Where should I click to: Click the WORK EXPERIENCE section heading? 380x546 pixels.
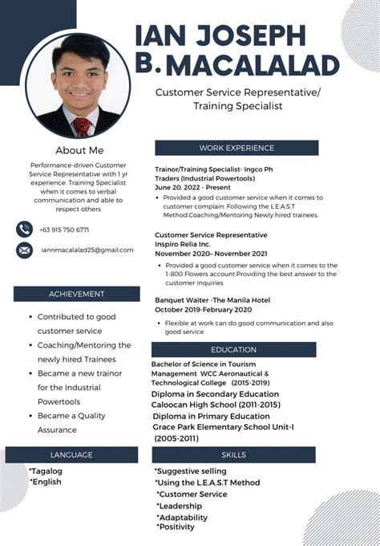tap(236, 148)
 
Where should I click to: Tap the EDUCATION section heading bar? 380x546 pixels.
tap(233, 350)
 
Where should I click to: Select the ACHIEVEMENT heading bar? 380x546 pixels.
tap(76, 294)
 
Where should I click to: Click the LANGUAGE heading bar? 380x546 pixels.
tap(71, 454)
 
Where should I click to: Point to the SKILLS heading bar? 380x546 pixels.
tap(233, 454)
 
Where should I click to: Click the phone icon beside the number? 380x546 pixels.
tap(25, 230)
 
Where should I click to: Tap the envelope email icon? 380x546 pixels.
tap(25, 251)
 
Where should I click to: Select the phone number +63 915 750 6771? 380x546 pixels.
tap(64, 230)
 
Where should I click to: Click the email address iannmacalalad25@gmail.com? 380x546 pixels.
tap(87, 250)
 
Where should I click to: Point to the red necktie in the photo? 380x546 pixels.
tap(82, 126)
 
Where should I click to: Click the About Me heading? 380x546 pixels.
tap(79, 150)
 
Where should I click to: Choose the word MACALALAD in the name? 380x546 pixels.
tap(253, 64)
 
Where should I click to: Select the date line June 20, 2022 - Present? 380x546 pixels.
tap(192, 186)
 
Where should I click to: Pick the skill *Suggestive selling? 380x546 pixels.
tap(191, 471)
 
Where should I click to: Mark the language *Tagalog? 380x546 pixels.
tap(46, 471)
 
